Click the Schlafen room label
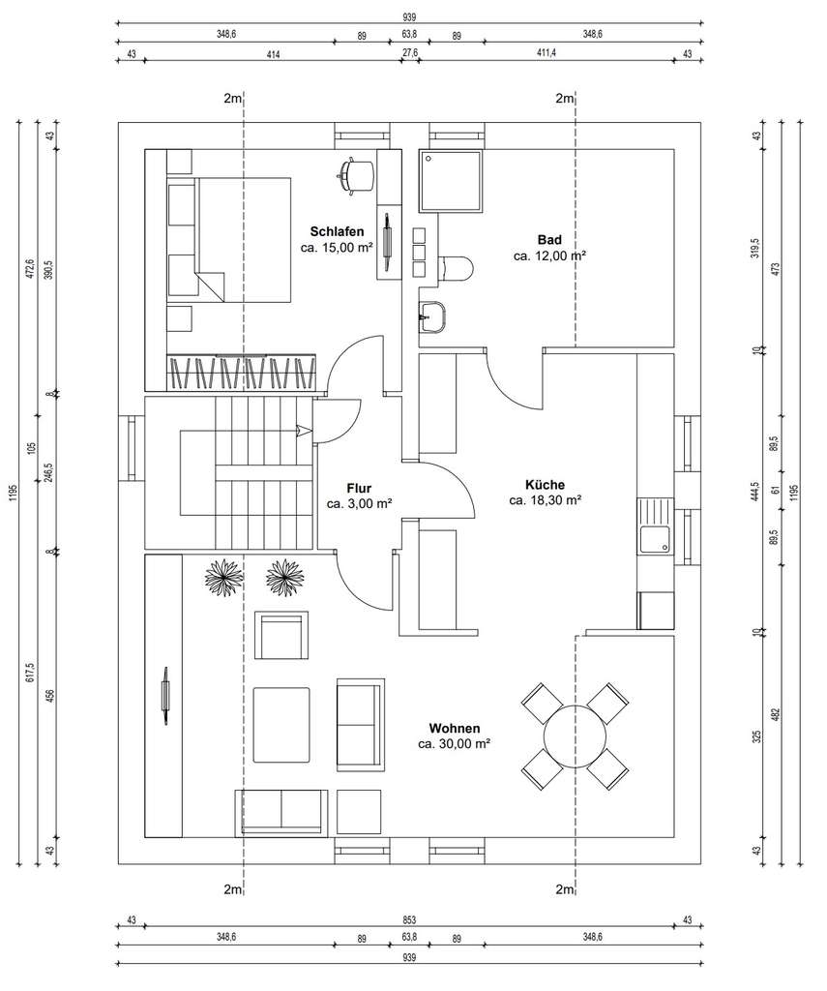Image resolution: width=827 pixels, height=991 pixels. (x=337, y=231)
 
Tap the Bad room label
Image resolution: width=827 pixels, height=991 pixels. (x=549, y=239)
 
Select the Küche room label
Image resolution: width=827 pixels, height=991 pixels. (x=545, y=485)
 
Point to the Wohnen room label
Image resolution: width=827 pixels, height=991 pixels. (x=455, y=728)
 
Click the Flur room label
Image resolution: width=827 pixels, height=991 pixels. (x=358, y=488)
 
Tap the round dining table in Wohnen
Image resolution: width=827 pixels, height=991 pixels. (x=575, y=736)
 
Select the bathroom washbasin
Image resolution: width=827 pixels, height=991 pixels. (x=432, y=315)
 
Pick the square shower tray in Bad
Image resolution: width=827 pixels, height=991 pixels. (x=450, y=181)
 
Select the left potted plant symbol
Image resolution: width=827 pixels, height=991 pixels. (x=223, y=580)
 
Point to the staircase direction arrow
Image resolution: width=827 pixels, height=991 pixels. (x=303, y=431)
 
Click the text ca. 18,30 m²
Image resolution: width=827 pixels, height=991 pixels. (x=545, y=500)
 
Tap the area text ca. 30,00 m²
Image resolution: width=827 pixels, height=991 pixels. (x=455, y=744)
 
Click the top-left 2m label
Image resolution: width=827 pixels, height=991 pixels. (x=232, y=98)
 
